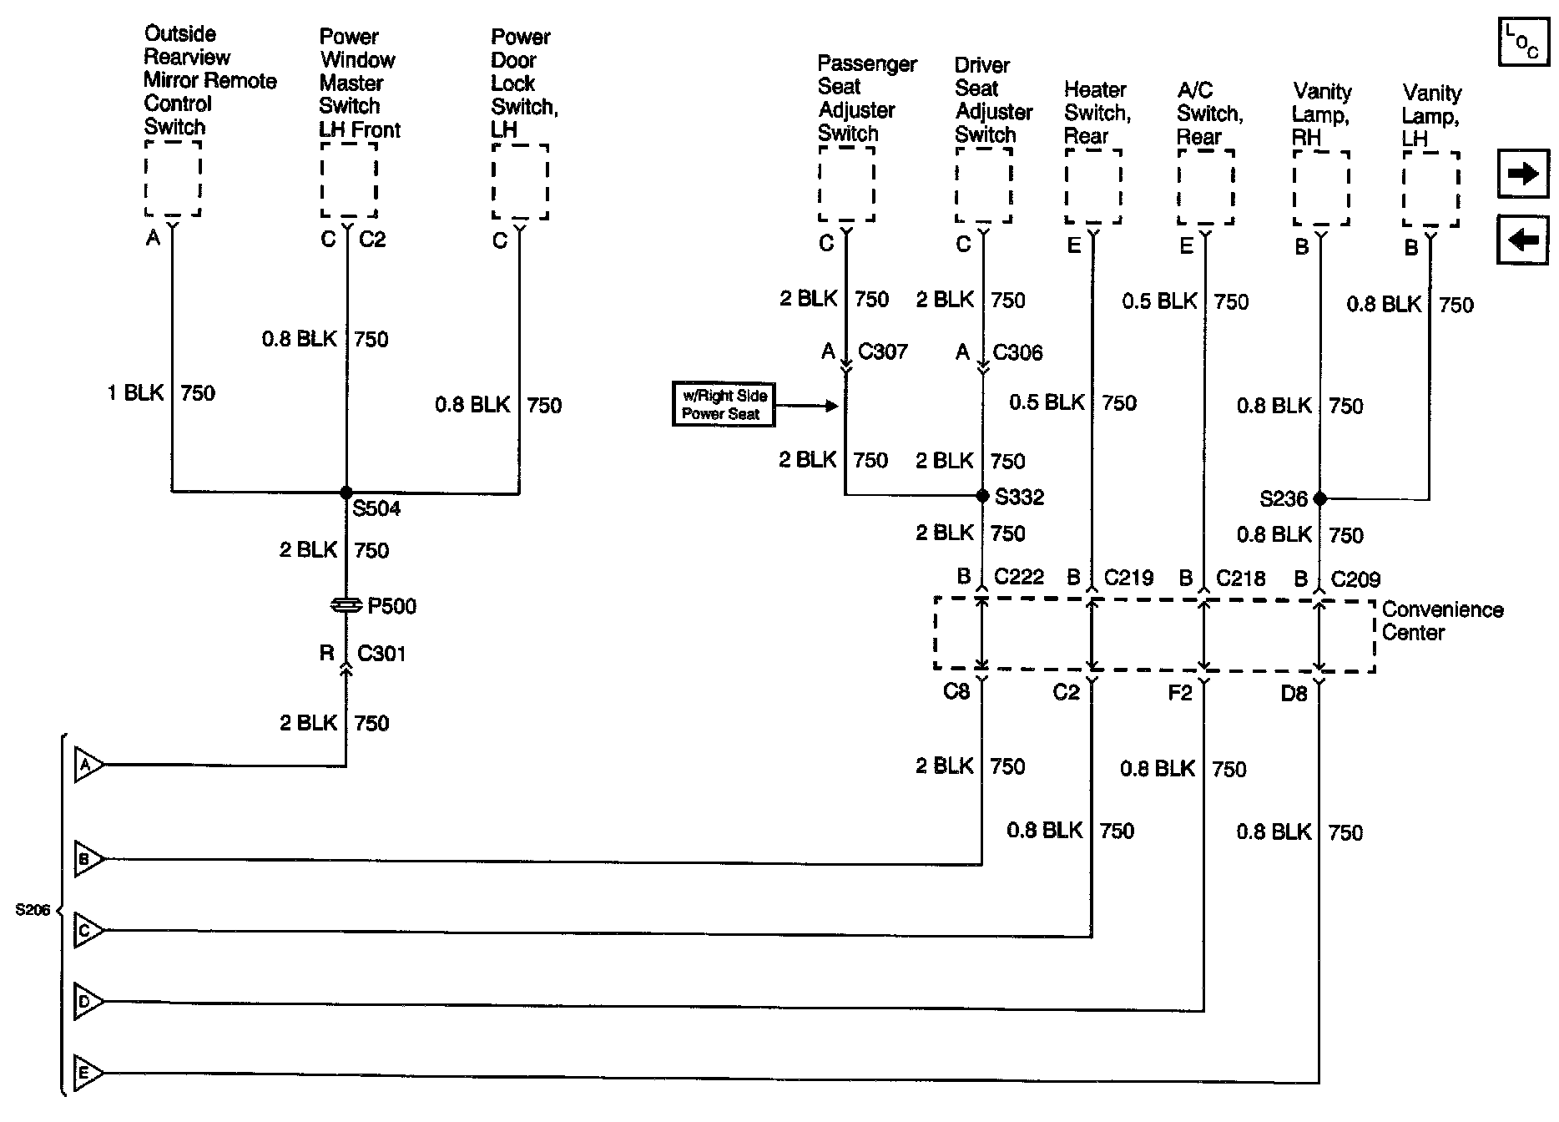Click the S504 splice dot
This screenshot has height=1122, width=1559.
(x=346, y=493)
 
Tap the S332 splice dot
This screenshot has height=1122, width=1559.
(x=982, y=496)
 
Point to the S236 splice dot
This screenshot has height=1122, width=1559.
(x=1319, y=498)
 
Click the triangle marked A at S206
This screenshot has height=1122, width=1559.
(x=88, y=765)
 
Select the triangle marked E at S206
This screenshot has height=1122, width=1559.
(x=88, y=1073)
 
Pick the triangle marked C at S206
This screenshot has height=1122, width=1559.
(x=88, y=930)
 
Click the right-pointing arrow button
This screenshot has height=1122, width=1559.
(x=1523, y=174)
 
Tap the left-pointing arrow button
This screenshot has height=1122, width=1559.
(x=1523, y=240)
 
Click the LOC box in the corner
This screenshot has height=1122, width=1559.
(x=1523, y=42)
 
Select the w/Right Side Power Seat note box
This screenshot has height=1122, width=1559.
(x=724, y=405)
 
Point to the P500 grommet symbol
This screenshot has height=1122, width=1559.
(x=346, y=605)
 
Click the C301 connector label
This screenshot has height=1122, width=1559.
(x=381, y=653)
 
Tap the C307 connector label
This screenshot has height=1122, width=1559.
(x=882, y=351)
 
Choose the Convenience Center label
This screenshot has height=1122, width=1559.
(x=1442, y=621)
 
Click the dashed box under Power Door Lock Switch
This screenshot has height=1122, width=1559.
(x=520, y=182)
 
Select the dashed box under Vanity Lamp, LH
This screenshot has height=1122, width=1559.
(x=1430, y=189)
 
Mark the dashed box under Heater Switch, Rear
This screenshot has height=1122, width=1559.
(x=1092, y=187)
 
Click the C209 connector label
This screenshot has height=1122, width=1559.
(x=1355, y=579)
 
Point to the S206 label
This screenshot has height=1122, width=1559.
(x=33, y=910)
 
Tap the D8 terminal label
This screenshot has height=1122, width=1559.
(x=1294, y=693)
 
